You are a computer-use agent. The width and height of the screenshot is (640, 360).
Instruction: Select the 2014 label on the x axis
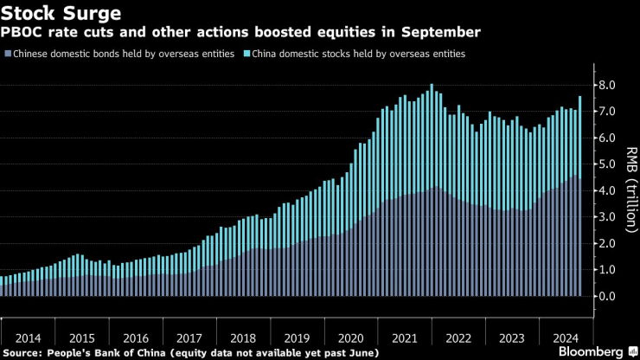point(28,338)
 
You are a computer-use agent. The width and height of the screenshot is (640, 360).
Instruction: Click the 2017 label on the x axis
point(188,338)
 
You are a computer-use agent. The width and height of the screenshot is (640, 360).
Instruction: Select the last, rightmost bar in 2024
point(579,199)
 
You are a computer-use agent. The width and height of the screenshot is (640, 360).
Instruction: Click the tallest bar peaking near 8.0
point(431,190)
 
